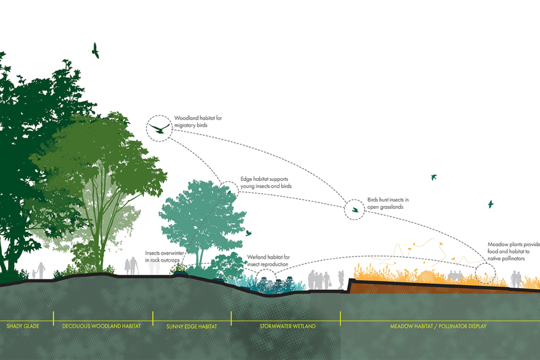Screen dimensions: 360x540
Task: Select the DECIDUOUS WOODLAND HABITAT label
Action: point(102,326)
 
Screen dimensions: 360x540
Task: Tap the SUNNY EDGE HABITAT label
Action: point(192,326)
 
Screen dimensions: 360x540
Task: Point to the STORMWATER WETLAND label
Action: point(287,326)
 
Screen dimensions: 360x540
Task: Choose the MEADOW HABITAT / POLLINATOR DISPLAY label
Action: point(438,326)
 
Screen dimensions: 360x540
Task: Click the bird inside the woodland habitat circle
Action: point(159,128)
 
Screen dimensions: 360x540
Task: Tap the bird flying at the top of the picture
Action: point(95,51)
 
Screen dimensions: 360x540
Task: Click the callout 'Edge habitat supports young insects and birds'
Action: point(266,183)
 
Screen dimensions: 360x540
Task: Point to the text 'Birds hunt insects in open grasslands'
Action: point(388,203)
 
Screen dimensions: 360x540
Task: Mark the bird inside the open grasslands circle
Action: point(355,210)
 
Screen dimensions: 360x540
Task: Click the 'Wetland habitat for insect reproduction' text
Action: point(268,260)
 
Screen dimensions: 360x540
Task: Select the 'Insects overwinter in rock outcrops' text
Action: point(164,257)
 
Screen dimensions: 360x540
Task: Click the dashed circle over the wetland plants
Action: point(266,277)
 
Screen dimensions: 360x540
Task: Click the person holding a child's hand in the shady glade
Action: point(40,270)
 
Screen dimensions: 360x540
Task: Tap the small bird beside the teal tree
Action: point(248,232)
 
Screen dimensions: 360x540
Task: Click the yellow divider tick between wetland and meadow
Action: point(340,318)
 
